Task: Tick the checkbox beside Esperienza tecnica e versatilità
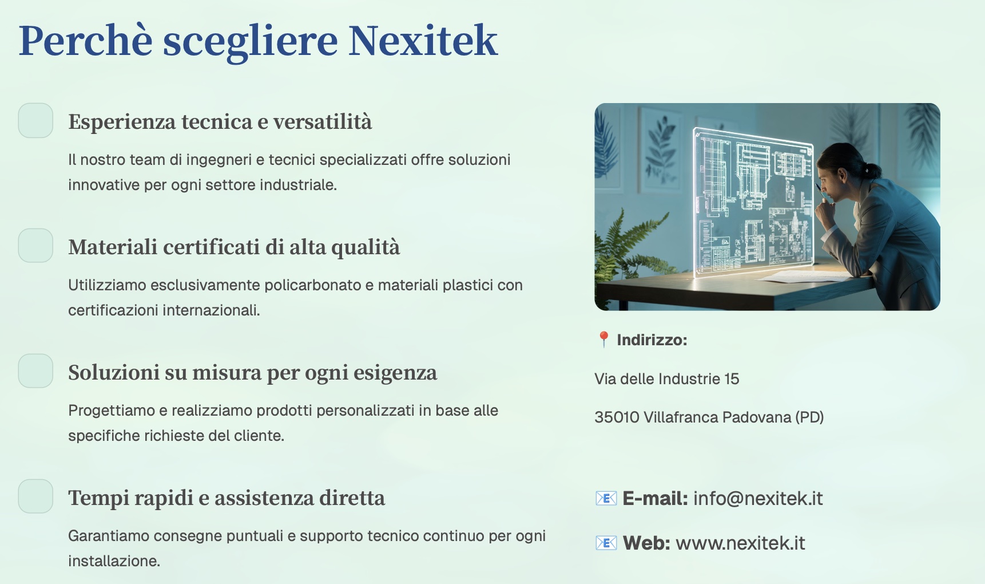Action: pos(35,120)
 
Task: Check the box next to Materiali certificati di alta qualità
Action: pos(35,246)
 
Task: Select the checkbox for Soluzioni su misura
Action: pos(35,371)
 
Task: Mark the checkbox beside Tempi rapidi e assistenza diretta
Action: pos(35,496)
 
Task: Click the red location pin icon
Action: pos(603,340)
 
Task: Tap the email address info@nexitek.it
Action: pos(758,499)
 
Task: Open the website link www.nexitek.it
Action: pos(740,543)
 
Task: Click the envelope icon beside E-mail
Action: pos(606,499)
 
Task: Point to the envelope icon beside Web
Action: pos(606,543)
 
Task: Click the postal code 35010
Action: pos(617,417)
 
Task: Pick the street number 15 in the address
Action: pos(732,378)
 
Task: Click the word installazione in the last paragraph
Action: pos(114,561)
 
